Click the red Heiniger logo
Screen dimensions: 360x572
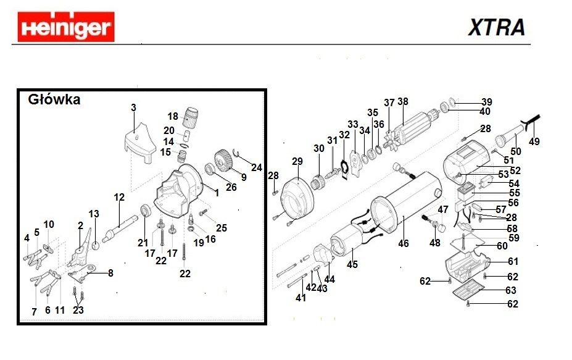65,28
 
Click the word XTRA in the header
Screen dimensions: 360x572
496,27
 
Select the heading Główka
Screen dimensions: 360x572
55,99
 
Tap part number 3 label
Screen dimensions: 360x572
133,108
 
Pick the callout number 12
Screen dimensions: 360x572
119,197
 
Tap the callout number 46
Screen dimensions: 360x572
403,243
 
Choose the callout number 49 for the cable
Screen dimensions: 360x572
534,141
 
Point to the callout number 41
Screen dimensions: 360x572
301,298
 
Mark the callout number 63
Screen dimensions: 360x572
512,290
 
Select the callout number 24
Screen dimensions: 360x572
257,167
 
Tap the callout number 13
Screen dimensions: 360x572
94,214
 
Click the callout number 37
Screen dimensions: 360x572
389,103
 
